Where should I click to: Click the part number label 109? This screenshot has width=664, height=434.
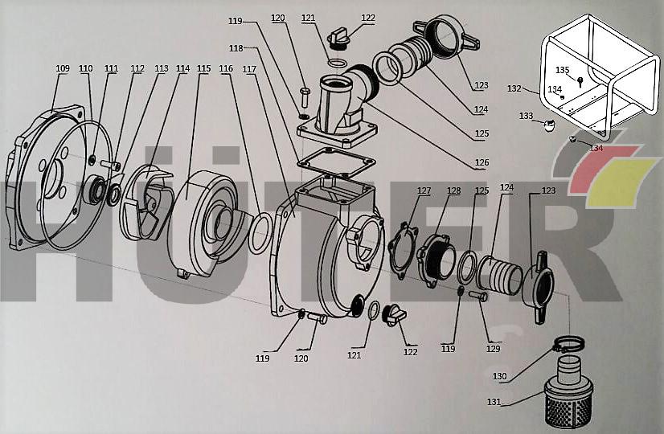point(63,68)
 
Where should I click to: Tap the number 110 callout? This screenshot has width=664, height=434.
point(86,68)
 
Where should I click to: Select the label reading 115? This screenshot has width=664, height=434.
point(203,68)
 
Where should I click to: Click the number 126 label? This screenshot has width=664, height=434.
point(482,163)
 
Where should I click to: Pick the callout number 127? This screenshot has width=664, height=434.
point(424,190)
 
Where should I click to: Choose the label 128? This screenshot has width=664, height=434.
point(454,190)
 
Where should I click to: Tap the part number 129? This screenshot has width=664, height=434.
point(494,349)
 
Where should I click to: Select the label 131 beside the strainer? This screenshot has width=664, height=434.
point(493,401)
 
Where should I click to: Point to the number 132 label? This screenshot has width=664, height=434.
point(514,88)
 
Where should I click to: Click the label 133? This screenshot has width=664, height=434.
point(526,116)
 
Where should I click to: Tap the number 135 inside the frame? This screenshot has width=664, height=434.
point(562,70)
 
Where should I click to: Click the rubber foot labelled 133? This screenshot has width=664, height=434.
point(549,125)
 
